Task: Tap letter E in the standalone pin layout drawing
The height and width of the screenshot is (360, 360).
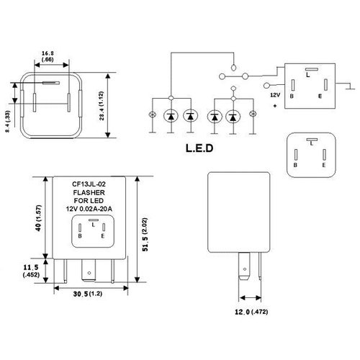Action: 325,164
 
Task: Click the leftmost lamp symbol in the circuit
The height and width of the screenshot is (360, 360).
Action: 150,115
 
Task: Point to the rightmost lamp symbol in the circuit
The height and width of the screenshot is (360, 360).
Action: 253,115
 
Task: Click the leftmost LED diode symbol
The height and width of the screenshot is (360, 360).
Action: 170,115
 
